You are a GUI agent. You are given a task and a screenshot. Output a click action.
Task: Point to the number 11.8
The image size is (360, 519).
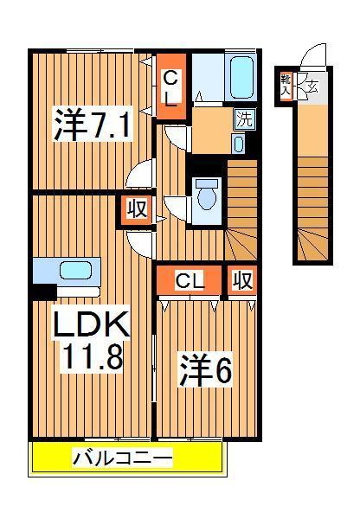[x=92, y=356]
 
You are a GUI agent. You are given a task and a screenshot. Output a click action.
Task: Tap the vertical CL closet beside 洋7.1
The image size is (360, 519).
[x=171, y=86]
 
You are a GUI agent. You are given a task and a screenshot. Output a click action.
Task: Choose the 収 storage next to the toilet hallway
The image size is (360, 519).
[x=135, y=210]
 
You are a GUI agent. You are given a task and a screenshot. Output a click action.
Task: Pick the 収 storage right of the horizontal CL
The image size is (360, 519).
[x=242, y=281]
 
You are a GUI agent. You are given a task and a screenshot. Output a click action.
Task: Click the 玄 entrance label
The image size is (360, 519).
[x=312, y=86]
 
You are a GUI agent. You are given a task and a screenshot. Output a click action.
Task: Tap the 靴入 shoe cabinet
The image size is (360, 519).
[x=286, y=85]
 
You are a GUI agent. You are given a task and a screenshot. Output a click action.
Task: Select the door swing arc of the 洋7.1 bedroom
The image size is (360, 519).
[x=138, y=176]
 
